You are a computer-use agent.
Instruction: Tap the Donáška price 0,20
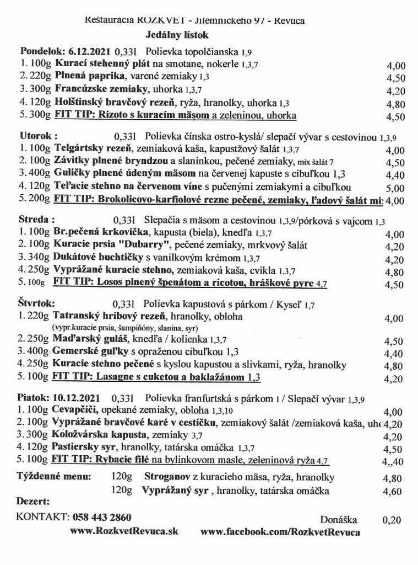pyautogui.click(x=391, y=519)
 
